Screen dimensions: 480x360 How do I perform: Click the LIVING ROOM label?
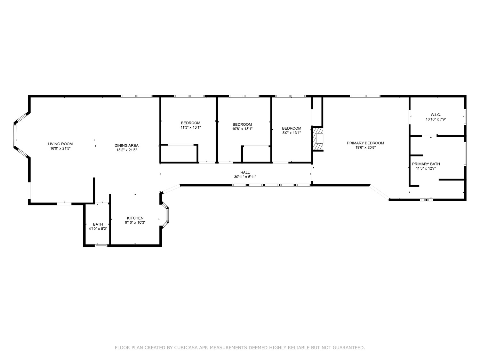(x=60, y=144)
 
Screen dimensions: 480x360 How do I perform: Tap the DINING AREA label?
(x=126, y=145)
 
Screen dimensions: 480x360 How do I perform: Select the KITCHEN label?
(x=135, y=218)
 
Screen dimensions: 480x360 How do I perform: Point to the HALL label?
(x=245, y=172)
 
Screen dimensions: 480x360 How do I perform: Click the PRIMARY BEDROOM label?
(x=365, y=143)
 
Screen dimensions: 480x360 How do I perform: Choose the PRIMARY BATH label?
(x=426, y=164)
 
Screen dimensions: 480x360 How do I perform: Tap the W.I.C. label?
(x=436, y=115)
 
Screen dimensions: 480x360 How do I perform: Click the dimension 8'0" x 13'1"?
(x=292, y=133)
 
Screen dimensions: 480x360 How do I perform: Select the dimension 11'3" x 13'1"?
(x=190, y=127)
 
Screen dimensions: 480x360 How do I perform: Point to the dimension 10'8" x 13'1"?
(x=242, y=129)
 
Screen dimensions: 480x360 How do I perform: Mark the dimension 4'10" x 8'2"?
(x=98, y=228)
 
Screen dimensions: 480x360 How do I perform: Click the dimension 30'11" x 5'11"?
(x=245, y=177)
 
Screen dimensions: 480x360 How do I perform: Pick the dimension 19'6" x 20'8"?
(x=365, y=147)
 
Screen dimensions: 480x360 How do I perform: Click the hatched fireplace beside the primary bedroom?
(x=318, y=139)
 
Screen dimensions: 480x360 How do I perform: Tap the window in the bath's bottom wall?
(x=101, y=245)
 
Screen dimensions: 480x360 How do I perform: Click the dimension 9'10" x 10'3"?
(x=135, y=222)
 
